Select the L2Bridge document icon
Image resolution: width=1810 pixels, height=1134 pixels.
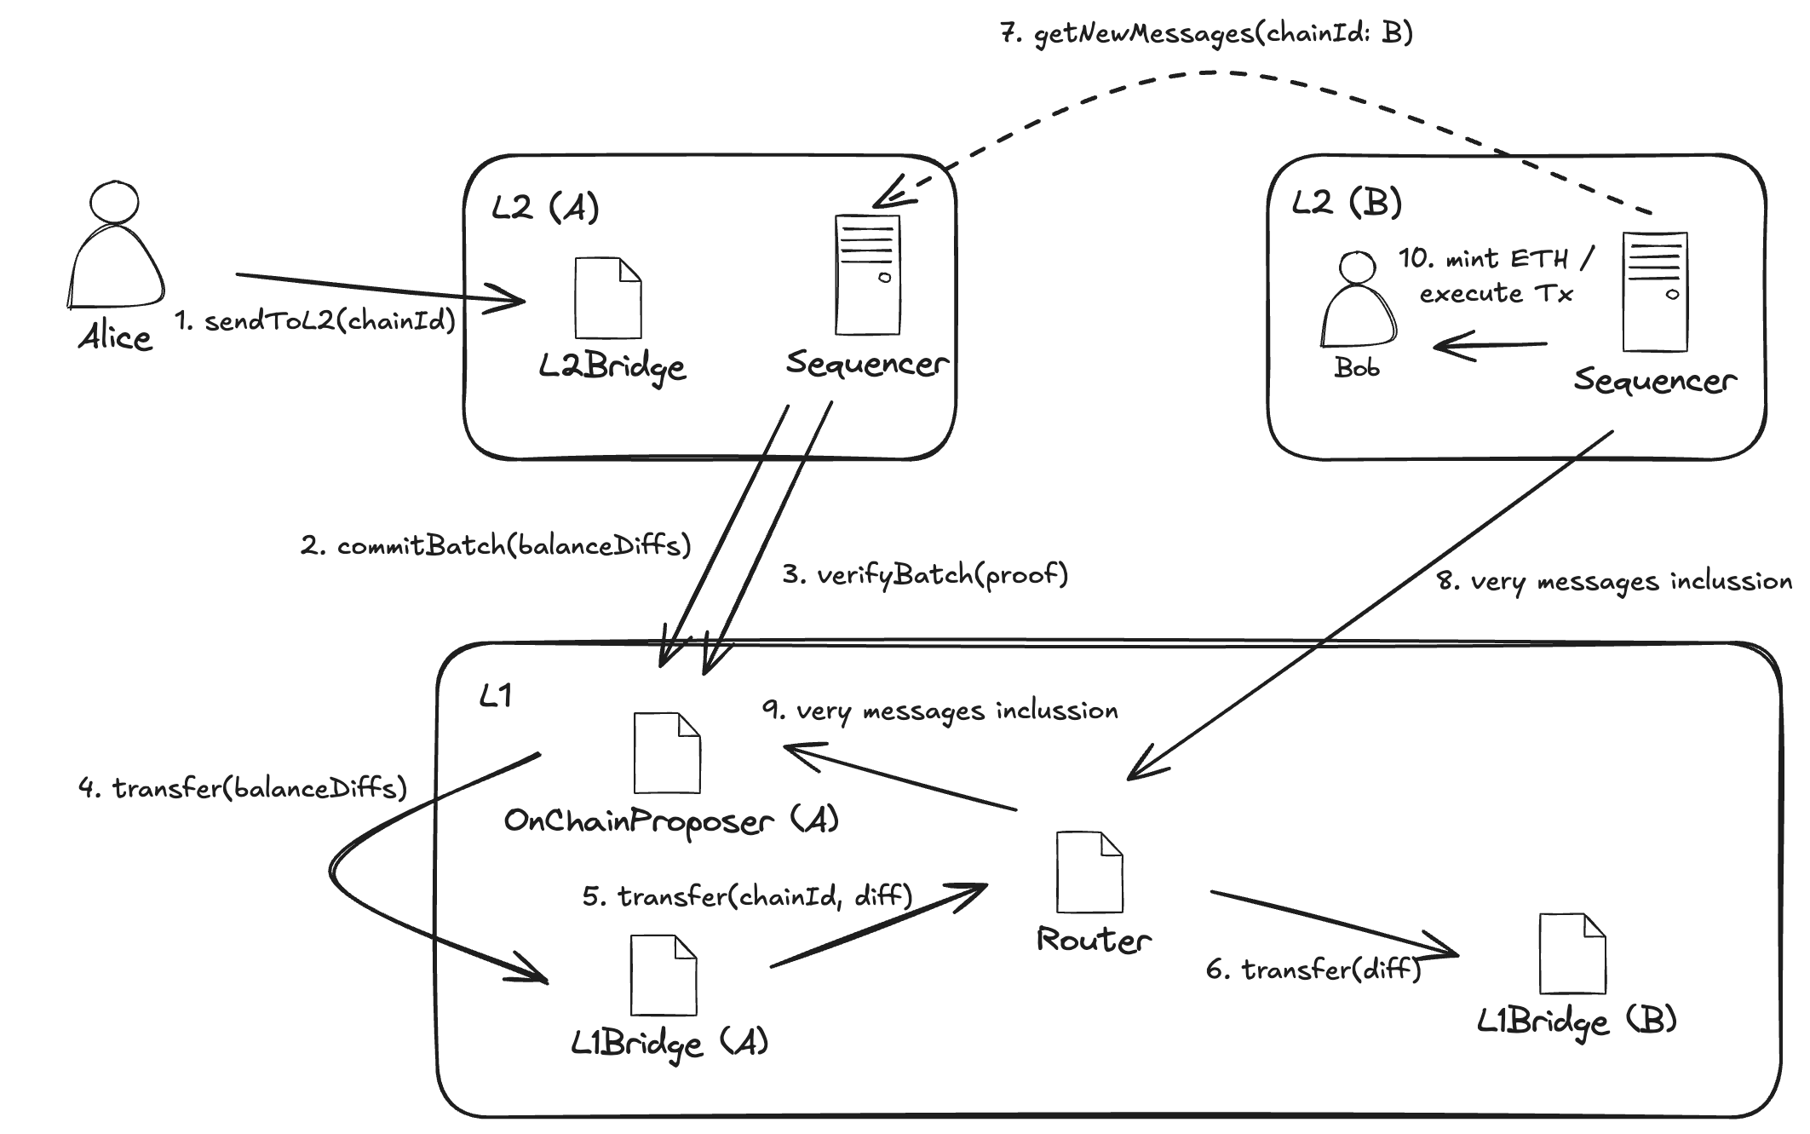tap(607, 298)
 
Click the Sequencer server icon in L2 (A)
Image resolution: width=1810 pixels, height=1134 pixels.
tap(867, 274)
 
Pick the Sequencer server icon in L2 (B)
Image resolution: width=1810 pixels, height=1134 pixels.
tap(1654, 292)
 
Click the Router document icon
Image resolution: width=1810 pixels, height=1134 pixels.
tap(1089, 872)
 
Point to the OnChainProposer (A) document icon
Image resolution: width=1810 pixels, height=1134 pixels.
tap(666, 753)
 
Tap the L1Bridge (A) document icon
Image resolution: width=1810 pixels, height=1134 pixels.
tap(663, 975)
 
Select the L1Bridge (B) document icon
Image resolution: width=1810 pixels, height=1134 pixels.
tap(1572, 953)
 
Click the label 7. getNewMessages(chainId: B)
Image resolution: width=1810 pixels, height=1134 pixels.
tap(1206, 34)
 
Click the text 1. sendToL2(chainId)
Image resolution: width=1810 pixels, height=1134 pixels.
tap(315, 321)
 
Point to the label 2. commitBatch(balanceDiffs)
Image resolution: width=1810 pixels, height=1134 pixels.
tap(495, 545)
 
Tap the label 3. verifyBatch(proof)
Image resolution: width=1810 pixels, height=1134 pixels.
tap(925, 575)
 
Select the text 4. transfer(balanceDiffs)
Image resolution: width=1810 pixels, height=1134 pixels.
tap(243, 788)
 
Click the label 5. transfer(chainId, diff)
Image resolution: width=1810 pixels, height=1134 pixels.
tap(747, 896)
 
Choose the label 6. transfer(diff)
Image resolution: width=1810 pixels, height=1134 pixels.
tap(1313, 970)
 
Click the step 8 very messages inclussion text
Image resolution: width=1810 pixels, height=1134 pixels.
tap(1613, 582)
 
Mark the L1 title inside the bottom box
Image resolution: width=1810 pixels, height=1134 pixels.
tap(496, 697)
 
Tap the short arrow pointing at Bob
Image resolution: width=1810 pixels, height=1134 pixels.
tap(1488, 346)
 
